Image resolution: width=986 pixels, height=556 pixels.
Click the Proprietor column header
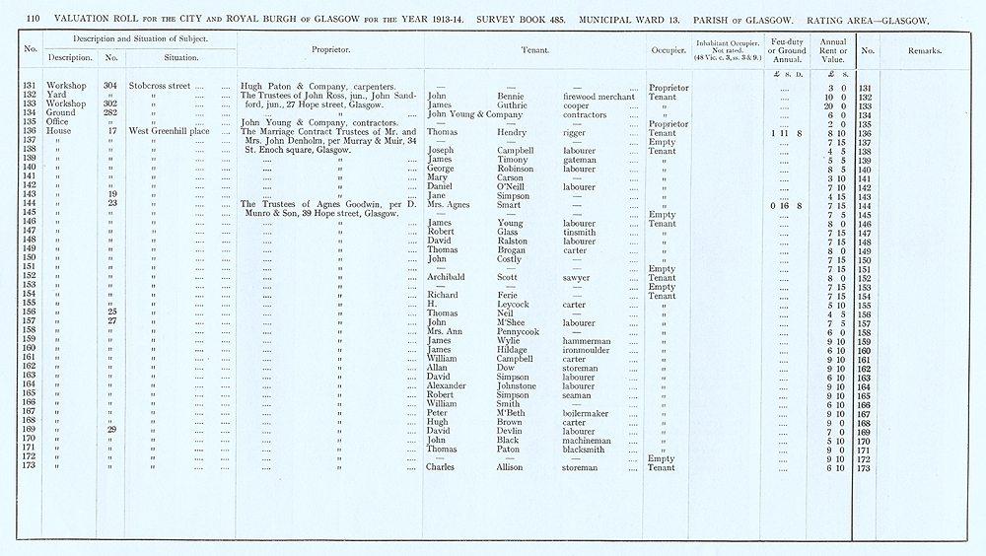click(326, 49)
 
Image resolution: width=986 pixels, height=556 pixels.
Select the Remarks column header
click(924, 50)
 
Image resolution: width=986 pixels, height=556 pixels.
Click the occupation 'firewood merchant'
click(598, 96)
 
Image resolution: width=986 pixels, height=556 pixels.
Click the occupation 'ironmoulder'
click(589, 350)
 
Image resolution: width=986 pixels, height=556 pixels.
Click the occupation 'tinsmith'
click(578, 233)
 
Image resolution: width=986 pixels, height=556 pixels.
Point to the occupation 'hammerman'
click(587, 341)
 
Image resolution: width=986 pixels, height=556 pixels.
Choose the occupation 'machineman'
click(588, 441)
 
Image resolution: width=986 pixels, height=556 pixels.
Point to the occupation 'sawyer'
click(576, 278)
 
